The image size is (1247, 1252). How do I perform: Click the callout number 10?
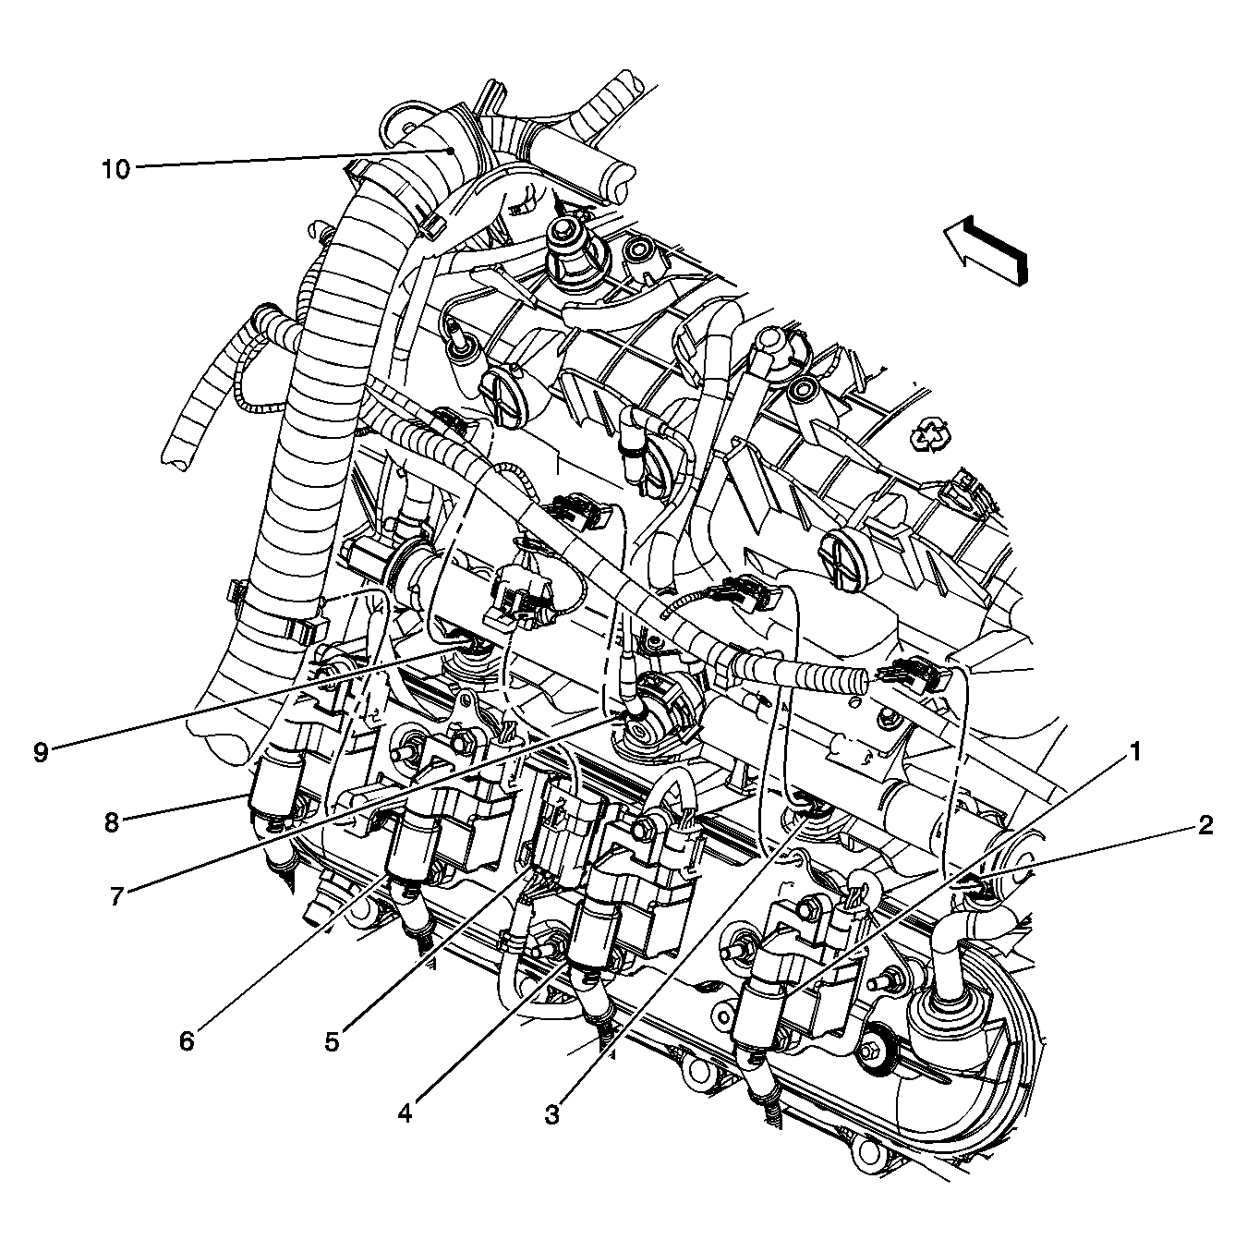(116, 170)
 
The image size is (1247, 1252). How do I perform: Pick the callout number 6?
(188, 1040)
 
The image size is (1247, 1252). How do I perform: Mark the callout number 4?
(405, 1113)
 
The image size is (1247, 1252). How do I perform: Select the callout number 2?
(1205, 825)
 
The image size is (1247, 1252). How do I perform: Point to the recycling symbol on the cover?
(930, 433)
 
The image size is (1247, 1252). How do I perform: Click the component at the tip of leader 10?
(450, 150)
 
